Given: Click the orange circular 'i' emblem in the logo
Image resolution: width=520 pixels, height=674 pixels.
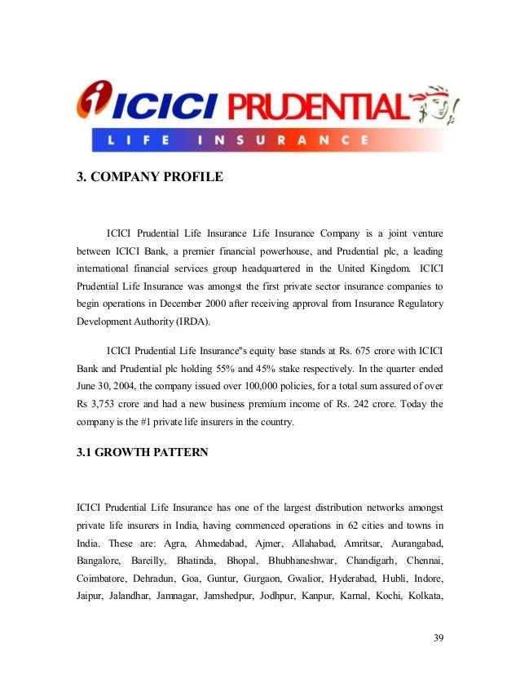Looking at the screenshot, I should [x=93, y=103].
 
